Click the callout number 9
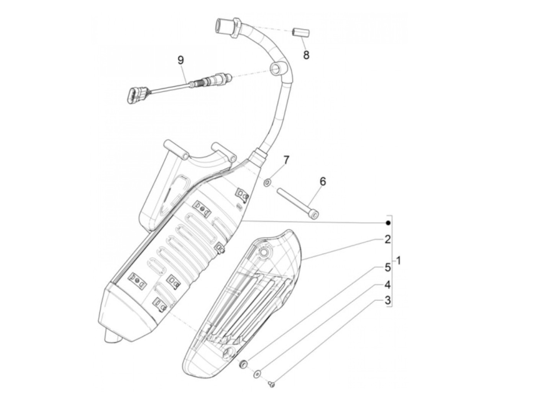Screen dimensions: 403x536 (x=181, y=60)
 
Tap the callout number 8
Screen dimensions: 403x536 (x=306, y=55)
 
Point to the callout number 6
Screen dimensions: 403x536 (x=323, y=181)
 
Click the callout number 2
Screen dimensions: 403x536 (x=387, y=240)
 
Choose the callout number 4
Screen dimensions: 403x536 (x=387, y=285)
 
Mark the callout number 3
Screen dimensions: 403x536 (x=387, y=301)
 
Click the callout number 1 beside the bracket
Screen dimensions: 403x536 (x=399, y=261)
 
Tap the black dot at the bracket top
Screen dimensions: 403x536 (x=388, y=223)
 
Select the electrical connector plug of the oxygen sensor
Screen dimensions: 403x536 (x=132, y=95)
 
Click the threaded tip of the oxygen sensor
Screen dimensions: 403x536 (x=226, y=76)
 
